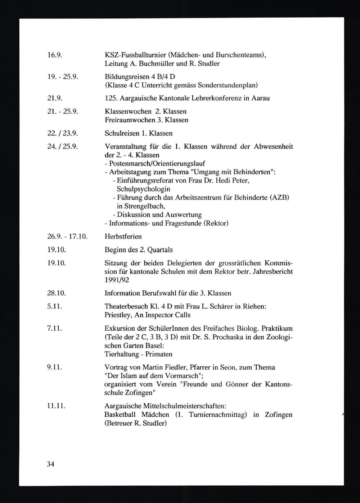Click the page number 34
point(50,464)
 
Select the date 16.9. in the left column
point(55,55)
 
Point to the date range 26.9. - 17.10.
point(67,236)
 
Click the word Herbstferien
point(123,236)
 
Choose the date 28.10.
point(57,293)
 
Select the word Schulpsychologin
point(144,189)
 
